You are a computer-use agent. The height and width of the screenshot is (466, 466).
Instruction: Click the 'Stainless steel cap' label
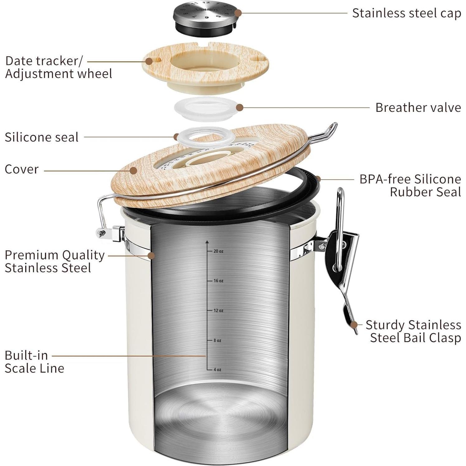(406, 13)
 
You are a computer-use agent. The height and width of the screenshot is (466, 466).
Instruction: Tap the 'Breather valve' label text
(418, 107)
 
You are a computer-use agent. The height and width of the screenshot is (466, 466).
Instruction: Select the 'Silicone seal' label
(41, 137)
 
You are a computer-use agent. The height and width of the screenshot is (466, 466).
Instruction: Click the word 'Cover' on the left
(21, 169)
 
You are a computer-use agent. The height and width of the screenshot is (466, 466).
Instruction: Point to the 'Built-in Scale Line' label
(34, 362)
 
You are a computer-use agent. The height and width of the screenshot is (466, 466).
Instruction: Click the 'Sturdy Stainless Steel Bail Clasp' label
(413, 331)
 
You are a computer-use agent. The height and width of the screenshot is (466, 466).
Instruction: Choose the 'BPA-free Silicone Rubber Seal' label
(410, 185)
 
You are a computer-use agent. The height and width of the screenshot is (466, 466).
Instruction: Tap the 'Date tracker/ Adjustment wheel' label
(58, 67)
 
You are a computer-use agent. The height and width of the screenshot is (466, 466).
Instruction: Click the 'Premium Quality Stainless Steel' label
(55, 261)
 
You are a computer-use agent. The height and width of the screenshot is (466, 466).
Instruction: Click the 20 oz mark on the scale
(218, 251)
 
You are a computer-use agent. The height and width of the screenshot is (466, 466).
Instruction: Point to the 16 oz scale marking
(218, 281)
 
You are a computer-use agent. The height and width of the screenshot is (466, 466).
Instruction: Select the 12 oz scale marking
(218, 311)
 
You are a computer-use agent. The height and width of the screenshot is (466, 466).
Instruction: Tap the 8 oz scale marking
(217, 340)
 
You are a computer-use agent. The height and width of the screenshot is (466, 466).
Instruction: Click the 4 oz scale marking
(217, 370)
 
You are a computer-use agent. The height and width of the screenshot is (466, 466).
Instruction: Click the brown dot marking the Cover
(133, 170)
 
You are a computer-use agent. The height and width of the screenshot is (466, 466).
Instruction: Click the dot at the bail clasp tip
(354, 325)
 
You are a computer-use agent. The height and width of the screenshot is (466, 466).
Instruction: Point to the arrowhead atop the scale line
(207, 241)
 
